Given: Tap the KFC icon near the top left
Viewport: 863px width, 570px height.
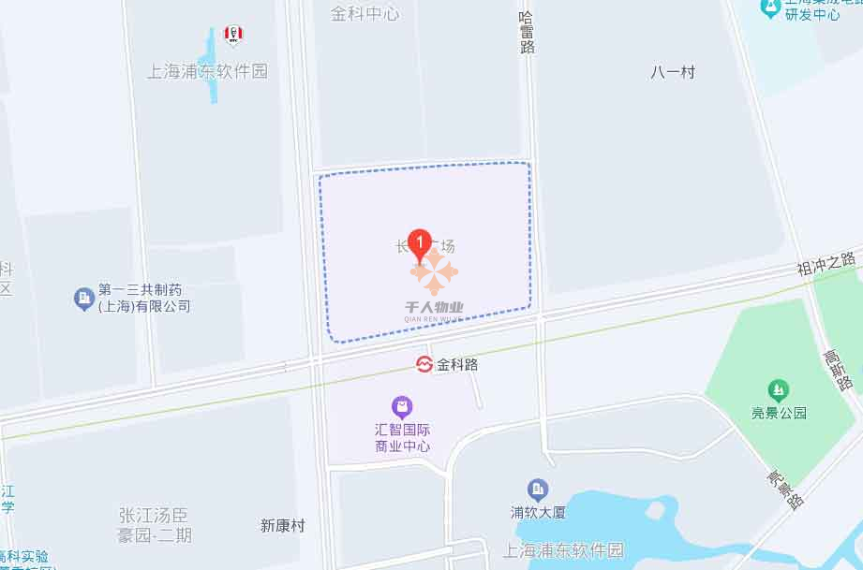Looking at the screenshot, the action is tap(233, 36).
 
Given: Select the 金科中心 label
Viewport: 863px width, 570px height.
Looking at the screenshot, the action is tap(365, 14).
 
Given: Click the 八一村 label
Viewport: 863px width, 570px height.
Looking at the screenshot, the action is tap(673, 72).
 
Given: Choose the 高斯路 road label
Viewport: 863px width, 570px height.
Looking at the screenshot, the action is tap(837, 370).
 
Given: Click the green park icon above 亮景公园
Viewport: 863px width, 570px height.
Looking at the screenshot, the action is tap(776, 389).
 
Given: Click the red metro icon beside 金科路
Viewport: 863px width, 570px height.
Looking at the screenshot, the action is tap(424, 364).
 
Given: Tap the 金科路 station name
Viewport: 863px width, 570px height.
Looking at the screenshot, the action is tap(457, 365).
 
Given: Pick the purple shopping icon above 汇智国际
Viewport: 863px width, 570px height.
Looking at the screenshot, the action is tap(401, 407).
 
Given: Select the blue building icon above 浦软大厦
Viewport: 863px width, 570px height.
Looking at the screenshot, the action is tap(537, 489).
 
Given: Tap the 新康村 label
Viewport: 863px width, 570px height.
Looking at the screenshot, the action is tap(283, 526).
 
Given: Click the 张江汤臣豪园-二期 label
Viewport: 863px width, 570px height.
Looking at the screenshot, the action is tap(156, 524).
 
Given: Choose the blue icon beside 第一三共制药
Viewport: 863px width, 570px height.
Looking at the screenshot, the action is tap(83, 299).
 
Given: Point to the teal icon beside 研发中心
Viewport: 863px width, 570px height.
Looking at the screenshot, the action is tap(769, 8).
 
